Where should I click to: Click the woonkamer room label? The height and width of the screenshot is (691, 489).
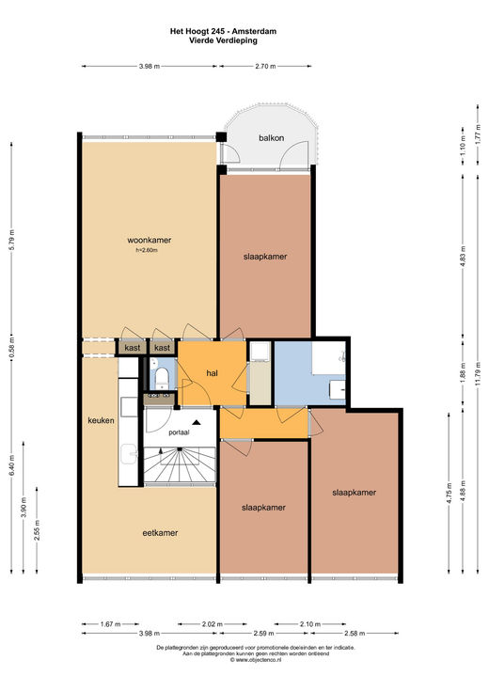[149, 240]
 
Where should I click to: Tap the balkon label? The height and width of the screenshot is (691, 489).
[271, 138]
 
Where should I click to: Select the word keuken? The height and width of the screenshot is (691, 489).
[101, 420]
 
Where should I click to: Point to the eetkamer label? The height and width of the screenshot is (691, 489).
[160, 533]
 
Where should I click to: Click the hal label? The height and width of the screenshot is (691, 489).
[213, 373]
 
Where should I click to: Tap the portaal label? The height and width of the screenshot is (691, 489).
[179, 432]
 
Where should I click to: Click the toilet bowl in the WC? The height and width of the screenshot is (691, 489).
[162, 378]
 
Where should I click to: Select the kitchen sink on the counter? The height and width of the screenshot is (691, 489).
[129, 454]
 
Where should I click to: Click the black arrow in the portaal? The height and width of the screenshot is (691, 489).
[197, 422]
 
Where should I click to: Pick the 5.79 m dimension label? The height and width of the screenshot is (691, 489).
[12, 240]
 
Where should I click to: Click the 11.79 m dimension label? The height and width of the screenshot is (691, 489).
[479, 373]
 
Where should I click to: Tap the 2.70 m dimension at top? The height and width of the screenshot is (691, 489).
[265, 67]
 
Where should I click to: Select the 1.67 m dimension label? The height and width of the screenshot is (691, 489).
[110, 624]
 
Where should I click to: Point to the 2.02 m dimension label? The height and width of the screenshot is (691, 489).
[213, 624]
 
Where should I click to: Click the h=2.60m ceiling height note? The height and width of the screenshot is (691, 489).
[147, 250]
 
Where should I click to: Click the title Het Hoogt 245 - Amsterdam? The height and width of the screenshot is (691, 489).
[223, 31]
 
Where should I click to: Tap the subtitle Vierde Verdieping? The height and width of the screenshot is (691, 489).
[223, 40]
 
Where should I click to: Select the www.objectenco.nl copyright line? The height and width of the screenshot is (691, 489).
[256, 660]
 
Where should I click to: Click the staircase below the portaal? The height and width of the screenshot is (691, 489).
[180, 464]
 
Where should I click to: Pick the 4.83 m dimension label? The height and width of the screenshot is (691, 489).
[463, 255]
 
